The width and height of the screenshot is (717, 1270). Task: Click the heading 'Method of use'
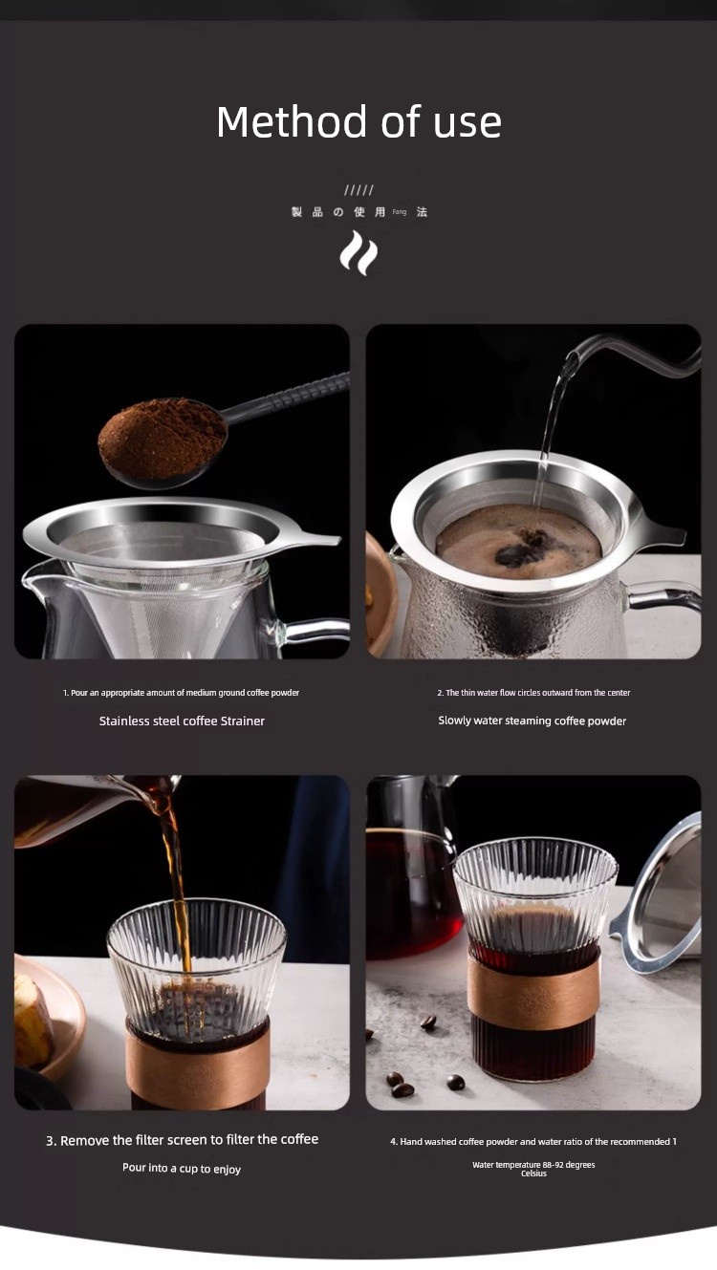click(358, 121)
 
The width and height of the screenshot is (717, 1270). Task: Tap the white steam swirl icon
click(358, 253)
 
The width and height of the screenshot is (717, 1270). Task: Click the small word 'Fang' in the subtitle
click(400, 212)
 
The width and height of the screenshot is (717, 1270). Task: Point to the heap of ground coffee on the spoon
click(163, 439)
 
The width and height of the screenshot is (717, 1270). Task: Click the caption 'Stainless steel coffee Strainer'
click(182, 721)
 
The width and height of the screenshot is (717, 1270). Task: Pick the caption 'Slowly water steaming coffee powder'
click(532, 721)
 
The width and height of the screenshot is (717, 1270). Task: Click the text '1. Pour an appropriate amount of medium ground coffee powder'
click(181, 692)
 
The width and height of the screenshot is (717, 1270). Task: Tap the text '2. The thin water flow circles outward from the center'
click(533, 692)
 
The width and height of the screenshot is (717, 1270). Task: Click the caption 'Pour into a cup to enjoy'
click(182, 1169)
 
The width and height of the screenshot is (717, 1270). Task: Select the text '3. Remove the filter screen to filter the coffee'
click(182, 1140)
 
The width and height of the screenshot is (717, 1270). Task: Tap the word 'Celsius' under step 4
click(533, 1173)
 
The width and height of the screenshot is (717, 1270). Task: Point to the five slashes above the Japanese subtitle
click(358, 190)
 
